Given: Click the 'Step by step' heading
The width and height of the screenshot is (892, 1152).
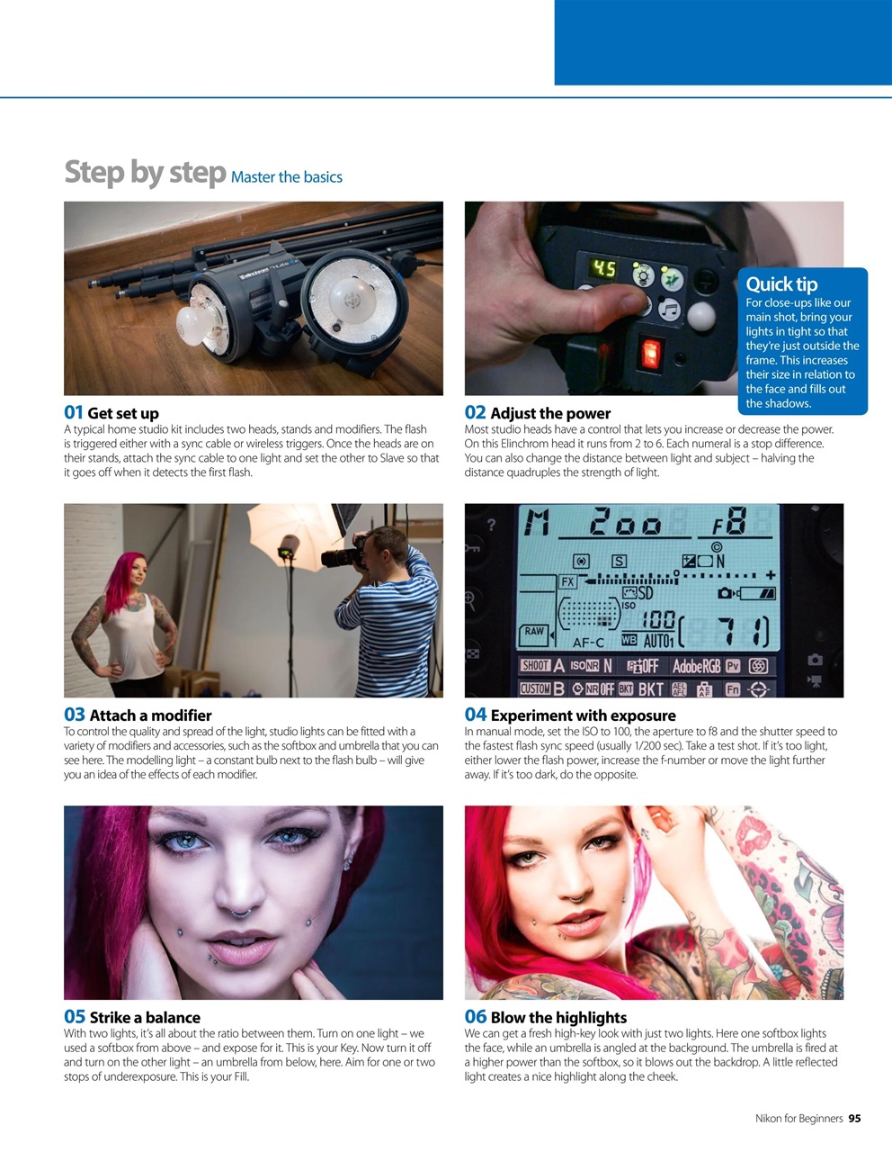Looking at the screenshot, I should click(x=144, y=172).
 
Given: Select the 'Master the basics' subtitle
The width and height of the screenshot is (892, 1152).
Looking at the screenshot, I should click(x=286, y=177).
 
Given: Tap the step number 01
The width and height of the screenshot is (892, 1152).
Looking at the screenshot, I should click(x=74, y=412).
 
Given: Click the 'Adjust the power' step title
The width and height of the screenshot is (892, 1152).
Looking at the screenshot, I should click(x=549, y=413).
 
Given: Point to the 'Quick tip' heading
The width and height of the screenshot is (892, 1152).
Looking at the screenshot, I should click(x=781, y=284).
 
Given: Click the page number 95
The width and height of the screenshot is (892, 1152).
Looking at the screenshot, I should click(x=854, y=1119).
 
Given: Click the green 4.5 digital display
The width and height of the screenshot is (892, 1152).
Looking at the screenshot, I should click(x=603, y=269).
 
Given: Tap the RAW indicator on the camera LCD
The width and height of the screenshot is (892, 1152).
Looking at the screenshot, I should click(x=534, y=632).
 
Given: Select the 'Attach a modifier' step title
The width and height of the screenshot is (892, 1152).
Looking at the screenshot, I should click(x=150, y=715).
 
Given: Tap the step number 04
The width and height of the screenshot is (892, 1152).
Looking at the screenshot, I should click(x=475, y=715).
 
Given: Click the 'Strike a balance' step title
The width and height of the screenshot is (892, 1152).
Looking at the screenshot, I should click(x=145, y=1018).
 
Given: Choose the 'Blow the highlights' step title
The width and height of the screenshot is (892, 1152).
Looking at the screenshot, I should click(x=558, y=1018).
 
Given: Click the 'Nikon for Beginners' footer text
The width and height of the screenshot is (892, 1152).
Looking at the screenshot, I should click(x=798, y=1119).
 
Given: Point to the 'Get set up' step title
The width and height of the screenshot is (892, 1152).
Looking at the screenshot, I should click(x=123, y=413).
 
